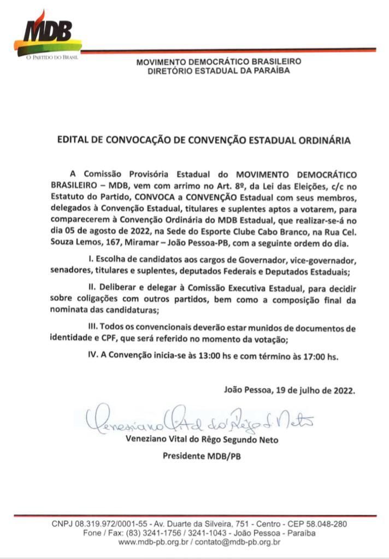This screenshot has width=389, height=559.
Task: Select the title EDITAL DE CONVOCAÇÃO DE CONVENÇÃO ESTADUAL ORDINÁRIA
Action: pyautogui.click(x=204, y=140)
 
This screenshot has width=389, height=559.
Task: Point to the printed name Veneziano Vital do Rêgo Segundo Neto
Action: pyautogui.click(x=202, y=439)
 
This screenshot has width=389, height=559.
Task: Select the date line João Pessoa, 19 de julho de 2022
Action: pyautogui.click(x=290, y=390)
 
